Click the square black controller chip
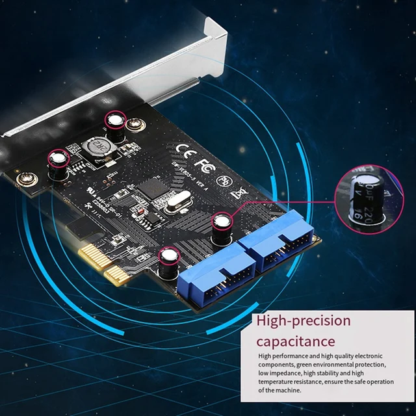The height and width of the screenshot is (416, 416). [x=151, y=188]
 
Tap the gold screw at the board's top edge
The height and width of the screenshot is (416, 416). [x=136, y=125]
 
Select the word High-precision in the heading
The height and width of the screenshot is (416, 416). [x=304, y=320]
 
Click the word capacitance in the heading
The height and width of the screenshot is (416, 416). [x=296, y=341]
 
